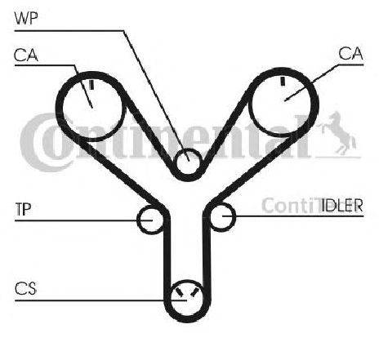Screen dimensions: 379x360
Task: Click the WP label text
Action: (x=26, y=19)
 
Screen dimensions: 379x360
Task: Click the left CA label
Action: (x=26, y=55)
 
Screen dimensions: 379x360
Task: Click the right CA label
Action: (x=350, y=53)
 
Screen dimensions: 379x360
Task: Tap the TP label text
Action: (x=23, y=209)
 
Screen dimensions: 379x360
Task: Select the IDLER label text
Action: (x=342, y=205)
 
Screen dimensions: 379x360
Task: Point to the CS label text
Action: (x=25, y=289)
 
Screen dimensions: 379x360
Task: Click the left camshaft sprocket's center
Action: (x=92, y=107)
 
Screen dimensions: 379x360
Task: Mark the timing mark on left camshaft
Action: (x=91, y=84)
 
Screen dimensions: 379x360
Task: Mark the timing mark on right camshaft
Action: (x=283, y=81)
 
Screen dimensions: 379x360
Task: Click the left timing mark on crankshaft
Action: (x=179, y=291)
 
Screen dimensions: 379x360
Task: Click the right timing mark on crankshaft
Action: (x=194, y=292)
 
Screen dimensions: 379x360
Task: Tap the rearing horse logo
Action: (x=338, y=133)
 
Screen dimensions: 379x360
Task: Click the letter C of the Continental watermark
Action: (x=38, y=142)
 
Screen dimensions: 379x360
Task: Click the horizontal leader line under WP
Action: (x=69, y=31)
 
